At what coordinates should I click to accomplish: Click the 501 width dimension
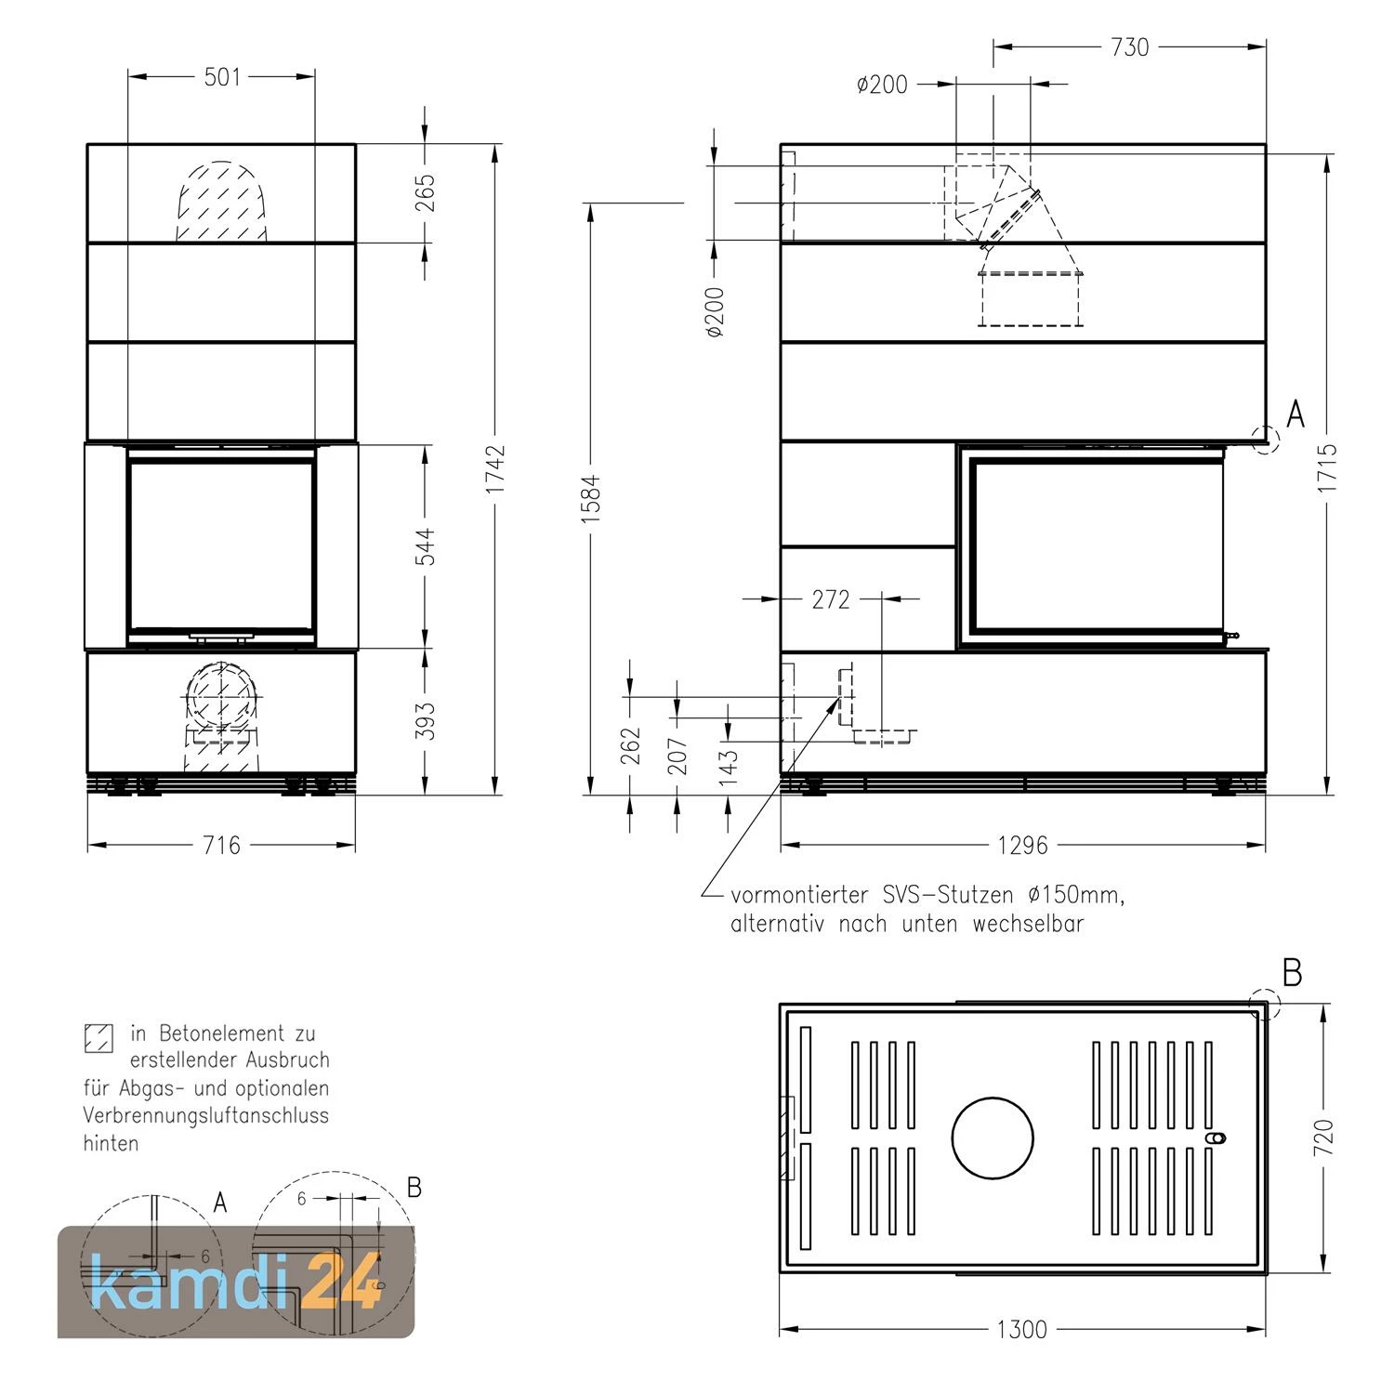tap(222, 76)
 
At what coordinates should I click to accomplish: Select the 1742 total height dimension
tap(495, 468)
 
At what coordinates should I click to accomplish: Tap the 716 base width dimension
tap(221, 845)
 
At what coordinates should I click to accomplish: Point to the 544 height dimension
tap(426, 546)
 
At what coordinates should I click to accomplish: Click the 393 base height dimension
tap(426, 720)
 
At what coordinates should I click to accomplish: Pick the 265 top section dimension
tap(426, 192)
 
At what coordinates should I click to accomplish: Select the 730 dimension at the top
tap(1130, 46)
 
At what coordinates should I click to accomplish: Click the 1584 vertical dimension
tap(592, 499)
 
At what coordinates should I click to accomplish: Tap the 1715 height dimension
tap(1327, 467)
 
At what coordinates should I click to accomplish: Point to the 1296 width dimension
tap(1022, 845)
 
